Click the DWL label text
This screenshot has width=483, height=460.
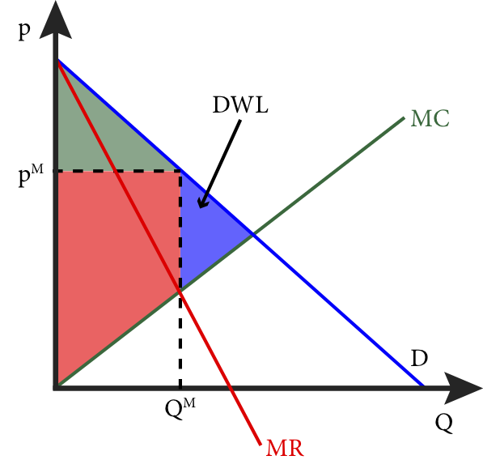[240, 104]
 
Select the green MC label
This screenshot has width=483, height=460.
[430, 118]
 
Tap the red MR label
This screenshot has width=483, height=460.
[285, 448]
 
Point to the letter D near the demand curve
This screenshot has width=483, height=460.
[419, 358]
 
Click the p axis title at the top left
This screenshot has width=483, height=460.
[24, 31]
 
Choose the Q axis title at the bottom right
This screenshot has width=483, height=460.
[444, 423]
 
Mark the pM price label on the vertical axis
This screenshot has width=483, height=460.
[31, 175]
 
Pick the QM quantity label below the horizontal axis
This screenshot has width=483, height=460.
[180, 408]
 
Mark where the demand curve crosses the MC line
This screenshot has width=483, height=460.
[253, 236]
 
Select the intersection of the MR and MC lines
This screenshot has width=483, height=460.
[180, 291]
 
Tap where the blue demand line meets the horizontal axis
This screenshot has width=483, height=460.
[423, 385]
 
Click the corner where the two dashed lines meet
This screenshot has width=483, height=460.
[180, 171]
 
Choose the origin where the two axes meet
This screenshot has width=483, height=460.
[56, 388]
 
